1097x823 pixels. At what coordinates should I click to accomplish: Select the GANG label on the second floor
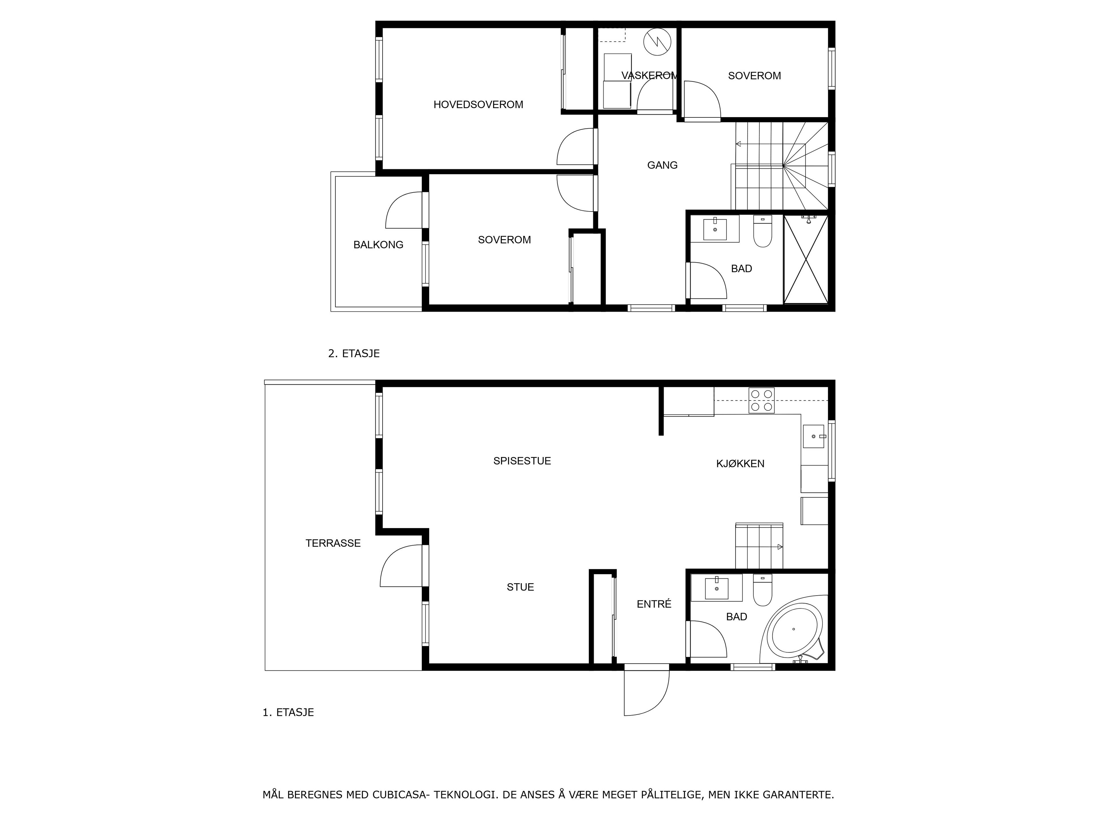(x=662, y=165)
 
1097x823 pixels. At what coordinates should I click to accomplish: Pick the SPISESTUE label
(x=522, y=461)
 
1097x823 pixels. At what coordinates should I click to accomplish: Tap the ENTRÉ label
(x=654, y=604)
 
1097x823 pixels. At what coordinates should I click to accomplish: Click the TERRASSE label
(x=333, y=543)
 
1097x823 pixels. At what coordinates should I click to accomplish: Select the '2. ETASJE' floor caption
(x=354, y=354)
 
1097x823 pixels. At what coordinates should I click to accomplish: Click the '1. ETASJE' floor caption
(x=288, y=712)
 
